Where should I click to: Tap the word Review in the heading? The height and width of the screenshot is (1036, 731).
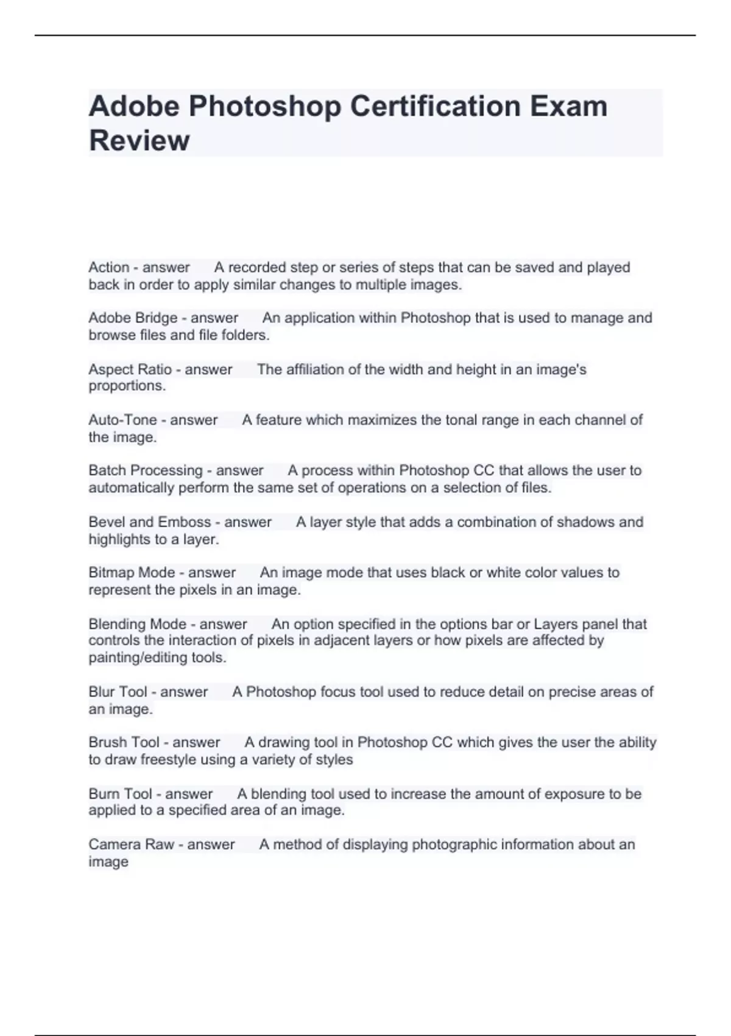pos(139,141)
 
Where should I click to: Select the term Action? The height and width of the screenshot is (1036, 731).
pos(108,268)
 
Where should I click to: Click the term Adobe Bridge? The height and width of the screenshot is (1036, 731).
pos(133,318)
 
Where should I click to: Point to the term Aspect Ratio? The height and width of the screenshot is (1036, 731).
pos(130,369)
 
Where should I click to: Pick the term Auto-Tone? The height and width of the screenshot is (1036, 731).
pos(122,420)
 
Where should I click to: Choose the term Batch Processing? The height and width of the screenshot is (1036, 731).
pos(145,470)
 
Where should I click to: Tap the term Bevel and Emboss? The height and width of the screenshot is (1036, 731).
pos(149,522)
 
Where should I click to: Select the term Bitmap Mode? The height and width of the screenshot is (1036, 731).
pos(132,573)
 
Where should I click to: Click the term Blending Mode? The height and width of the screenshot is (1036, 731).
pos(137,624)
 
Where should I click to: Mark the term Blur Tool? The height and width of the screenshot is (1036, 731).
pos(118,692)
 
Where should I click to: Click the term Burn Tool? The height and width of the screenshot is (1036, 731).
pos(120,794)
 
